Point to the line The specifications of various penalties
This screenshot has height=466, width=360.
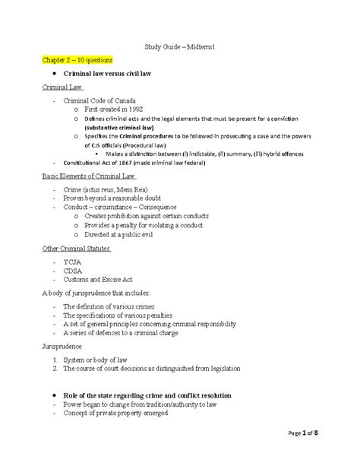click(117, 315)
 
